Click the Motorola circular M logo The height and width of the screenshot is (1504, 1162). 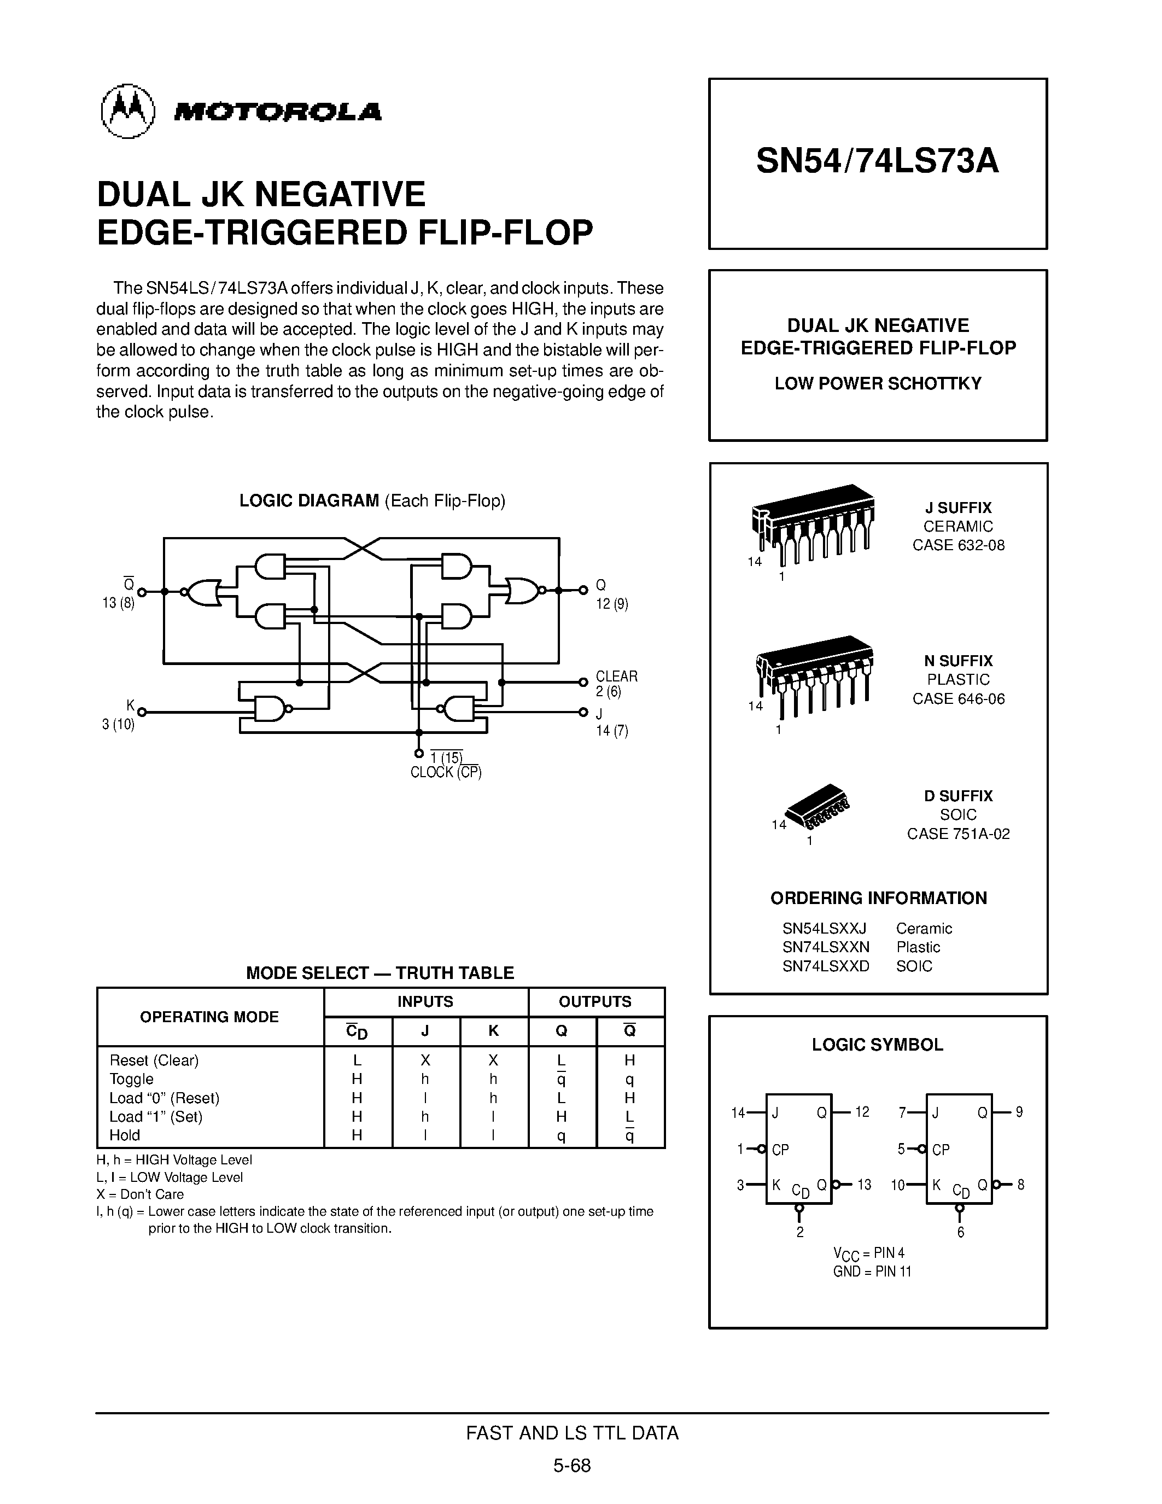[x=128, y=112]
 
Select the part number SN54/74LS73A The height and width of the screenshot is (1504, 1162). [x=877, y=162]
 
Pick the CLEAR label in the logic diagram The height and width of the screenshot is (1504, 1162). [x=616, y=676]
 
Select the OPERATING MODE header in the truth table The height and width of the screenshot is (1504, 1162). [x=209, y=1017]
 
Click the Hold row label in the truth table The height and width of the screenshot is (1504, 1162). [x=125, y=1135]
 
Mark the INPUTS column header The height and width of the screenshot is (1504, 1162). [x=425, y=1002]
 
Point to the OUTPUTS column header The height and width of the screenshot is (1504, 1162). [x=595, y=1002]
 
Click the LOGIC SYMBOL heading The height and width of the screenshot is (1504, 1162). [x=877, y=1045]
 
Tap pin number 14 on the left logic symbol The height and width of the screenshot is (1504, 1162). [x=738, y=1112]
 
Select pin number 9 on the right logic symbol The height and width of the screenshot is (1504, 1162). [x=1019, y=1112]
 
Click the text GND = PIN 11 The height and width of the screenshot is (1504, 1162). [x=872, y=1271]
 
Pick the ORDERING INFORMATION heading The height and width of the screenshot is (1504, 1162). [x=878, y=898]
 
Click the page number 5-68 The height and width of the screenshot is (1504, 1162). [x=572, y=1465]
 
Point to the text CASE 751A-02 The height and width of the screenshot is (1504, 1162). [x=958, y=834]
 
